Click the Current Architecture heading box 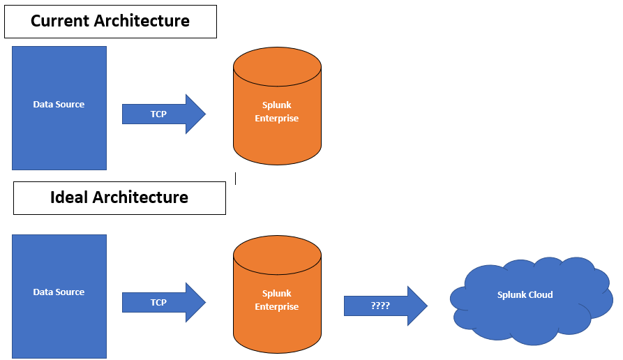point(110,22)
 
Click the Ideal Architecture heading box point(119,198)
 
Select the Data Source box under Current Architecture point(59,108)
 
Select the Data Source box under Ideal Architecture point(59,296)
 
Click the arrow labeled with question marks point(384,306)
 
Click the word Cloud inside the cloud point(540,295)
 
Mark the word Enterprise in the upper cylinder point(277,119)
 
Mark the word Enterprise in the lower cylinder point(277,307)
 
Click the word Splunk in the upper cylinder point(277,105)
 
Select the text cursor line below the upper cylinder point(236,179)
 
